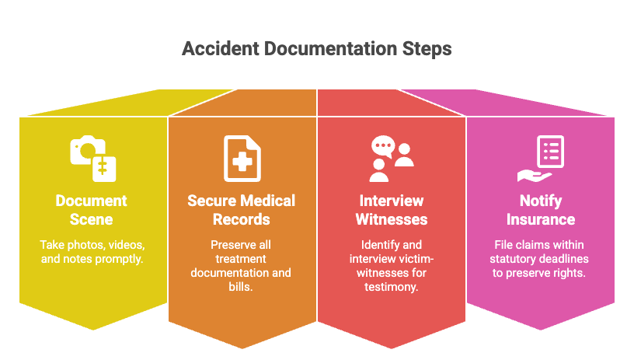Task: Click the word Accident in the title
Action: point(221,48)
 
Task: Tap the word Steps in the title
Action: point(427,49)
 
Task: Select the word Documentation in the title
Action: point(331,48)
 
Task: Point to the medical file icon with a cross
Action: point(242,159)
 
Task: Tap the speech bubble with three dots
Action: point(383,146)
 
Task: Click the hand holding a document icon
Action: point(541,159)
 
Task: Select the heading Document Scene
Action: point(92,210)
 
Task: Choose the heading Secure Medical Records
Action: point(242,210)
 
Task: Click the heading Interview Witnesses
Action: point(392,210)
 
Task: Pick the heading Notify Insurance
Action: point(541,210)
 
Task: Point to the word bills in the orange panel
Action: point(241,287)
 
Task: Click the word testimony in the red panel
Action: point(392,287)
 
